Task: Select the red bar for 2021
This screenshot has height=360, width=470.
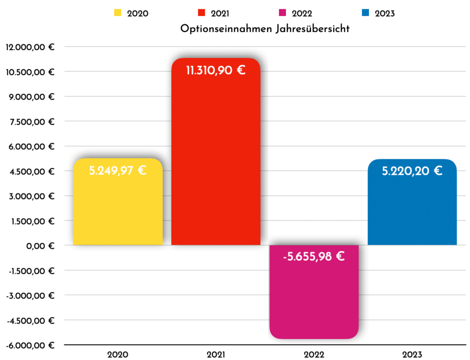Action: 216,161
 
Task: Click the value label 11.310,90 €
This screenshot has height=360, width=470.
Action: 216,71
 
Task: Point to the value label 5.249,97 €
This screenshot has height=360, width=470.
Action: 117,171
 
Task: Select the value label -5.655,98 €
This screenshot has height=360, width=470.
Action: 314,256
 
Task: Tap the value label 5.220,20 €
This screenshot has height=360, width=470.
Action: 412,171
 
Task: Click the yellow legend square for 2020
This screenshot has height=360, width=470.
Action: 118,13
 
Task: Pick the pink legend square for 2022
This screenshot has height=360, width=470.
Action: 284,13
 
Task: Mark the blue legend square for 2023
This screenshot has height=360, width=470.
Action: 366,13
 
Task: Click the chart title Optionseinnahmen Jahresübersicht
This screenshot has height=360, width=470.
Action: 265,29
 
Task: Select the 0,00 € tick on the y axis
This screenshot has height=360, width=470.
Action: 41,246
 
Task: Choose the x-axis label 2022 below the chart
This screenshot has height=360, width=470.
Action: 314,354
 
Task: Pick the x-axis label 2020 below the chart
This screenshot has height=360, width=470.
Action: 118,354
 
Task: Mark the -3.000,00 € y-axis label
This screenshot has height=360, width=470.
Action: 30,295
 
